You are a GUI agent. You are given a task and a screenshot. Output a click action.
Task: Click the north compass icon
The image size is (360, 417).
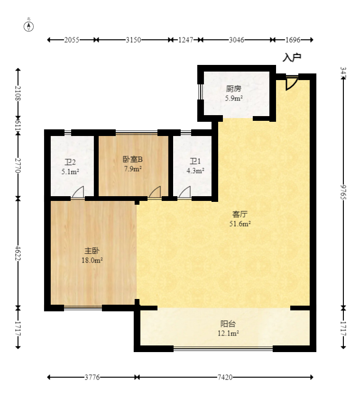(x=29, y=26)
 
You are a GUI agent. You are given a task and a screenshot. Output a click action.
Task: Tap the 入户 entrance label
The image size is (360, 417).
(x=292, y=58)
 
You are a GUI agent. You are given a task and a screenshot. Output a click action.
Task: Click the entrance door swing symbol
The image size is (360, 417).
(x=291, y=83)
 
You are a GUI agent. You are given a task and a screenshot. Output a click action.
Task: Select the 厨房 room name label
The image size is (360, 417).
(x=233, y=89)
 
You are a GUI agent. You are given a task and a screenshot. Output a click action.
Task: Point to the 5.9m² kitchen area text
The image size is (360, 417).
(x=233, y=99)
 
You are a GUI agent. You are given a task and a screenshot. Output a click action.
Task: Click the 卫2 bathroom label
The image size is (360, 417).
(x=70, y=162)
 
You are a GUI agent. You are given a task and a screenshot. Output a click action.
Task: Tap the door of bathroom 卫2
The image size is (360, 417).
(x=78, y=192)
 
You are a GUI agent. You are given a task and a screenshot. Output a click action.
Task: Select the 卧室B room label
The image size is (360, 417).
(x=133, y=159)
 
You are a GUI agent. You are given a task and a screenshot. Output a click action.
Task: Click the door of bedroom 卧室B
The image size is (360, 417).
(x=154, y=192)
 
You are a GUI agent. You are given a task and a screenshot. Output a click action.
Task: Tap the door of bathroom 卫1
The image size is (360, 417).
(x=185, y=192)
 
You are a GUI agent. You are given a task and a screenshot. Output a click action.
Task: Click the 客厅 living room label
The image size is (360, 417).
(x=240, y=214)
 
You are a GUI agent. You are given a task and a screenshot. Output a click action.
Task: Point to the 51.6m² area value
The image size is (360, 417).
(x=240, y=224)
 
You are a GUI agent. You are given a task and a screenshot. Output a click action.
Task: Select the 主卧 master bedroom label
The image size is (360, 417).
(x=92, y=250)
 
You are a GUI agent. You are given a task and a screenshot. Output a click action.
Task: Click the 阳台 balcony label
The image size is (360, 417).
(x=228, y=324)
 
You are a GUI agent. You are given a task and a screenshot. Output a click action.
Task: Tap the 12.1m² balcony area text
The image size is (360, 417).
(x=228, y=334)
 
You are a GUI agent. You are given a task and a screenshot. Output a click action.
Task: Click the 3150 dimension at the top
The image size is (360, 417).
(x=133, y=40)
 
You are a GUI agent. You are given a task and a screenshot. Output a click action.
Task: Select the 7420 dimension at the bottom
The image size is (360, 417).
(x=225, y=377)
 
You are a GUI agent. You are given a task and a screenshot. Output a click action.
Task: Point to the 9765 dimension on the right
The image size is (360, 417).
(x=343, y=191)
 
